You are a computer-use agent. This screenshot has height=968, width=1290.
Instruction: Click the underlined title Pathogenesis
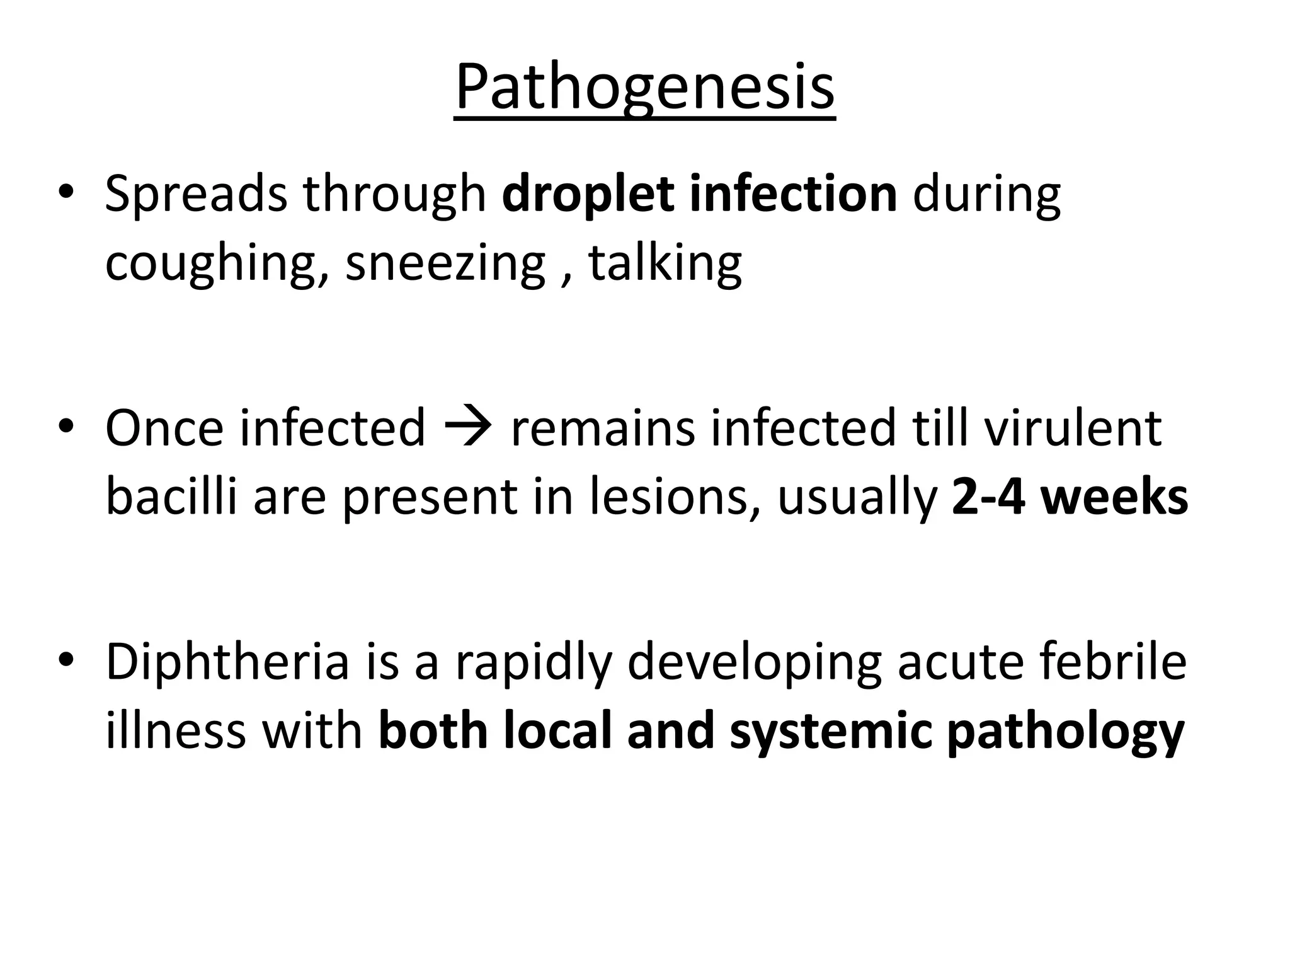[x=644, y=88]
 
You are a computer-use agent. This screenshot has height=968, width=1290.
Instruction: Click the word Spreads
[x=196, y=193]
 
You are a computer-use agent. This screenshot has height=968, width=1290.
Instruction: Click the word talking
[x=665, y=263]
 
